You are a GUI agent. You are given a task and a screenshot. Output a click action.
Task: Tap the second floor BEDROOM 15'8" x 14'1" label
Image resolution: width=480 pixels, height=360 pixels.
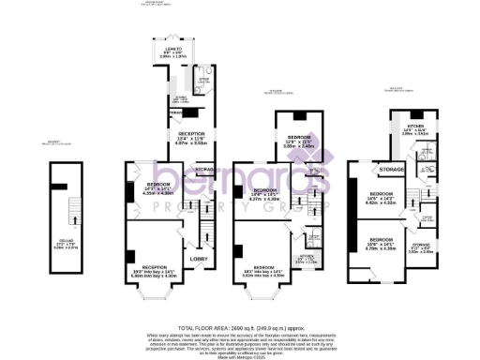(x=382, y=246)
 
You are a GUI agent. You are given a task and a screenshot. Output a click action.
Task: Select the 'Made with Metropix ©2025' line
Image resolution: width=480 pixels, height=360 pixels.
(x=240, y=353)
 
